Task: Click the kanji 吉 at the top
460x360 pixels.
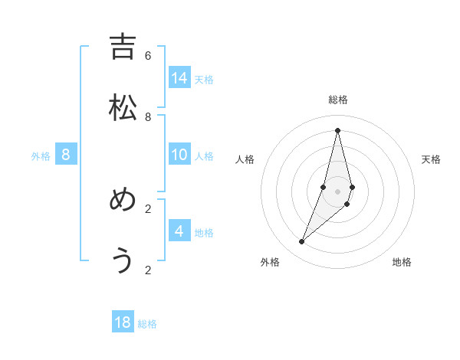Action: pos(123,47)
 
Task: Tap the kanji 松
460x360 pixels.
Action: pos(123,108)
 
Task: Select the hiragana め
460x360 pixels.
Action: pos(123,200)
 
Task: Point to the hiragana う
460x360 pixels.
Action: pos(123,261)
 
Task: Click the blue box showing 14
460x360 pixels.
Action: pos(179,77)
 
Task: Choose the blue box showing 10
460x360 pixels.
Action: pos(179,155)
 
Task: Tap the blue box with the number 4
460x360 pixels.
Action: pos(179,231)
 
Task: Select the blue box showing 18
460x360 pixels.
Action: pos(123,322)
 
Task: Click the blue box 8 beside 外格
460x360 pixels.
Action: pos(66,155)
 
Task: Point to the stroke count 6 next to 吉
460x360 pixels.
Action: pos(148,56)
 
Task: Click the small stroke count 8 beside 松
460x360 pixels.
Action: pos(148,116)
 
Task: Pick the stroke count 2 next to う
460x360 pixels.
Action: pos(148,270)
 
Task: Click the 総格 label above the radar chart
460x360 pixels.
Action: pos(338,100)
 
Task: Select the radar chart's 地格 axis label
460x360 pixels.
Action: pos(402,262)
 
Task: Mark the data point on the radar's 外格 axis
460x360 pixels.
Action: pos(301,242)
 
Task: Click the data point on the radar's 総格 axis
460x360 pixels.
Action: pos(338,130)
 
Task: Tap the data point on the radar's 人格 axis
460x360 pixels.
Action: pos(324,187)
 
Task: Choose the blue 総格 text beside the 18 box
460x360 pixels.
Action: pos(147,324)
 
